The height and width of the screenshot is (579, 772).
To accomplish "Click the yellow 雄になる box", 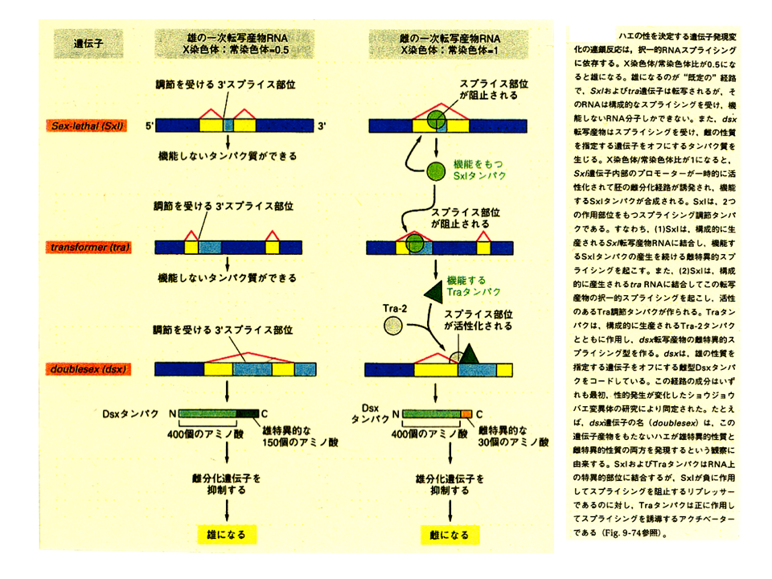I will [x=226, y=533].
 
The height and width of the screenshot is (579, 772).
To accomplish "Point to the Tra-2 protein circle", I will [x=393, y=325].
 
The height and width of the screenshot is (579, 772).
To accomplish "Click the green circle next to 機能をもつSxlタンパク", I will [x=435, y=170].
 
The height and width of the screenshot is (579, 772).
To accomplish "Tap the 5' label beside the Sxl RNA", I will [x=150, y=126].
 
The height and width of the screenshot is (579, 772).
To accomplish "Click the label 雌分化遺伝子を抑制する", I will [x=226, y=482].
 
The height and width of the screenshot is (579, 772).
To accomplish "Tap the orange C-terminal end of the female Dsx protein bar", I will [x=466, y=413].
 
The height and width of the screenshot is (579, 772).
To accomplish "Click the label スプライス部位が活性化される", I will [x=474, y=320].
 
